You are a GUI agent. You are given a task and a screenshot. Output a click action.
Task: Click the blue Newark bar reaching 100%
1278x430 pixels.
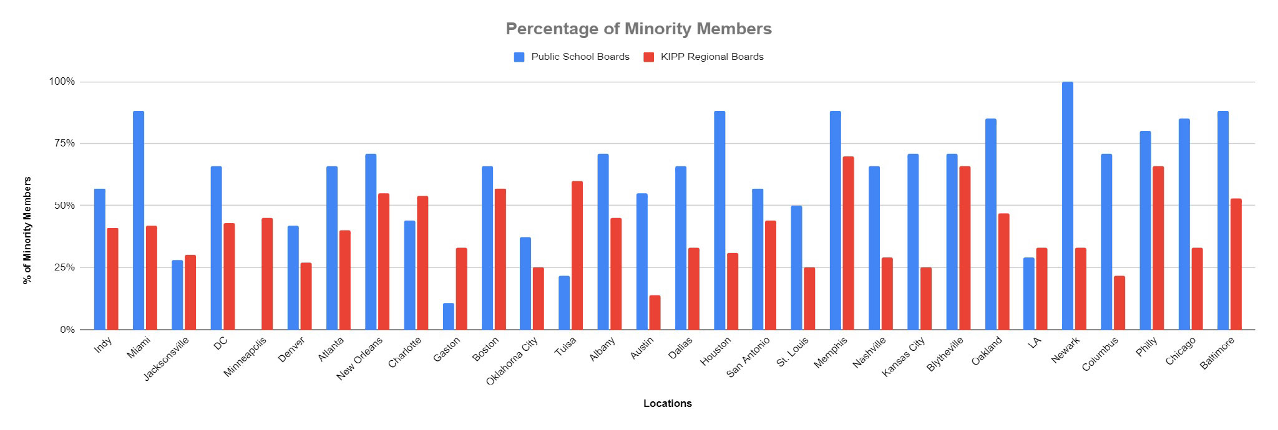point(1067,206)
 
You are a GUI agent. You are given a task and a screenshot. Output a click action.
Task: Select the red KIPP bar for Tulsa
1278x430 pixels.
point(577,256)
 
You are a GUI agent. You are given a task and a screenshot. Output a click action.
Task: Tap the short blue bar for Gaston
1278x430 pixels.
point(448,317)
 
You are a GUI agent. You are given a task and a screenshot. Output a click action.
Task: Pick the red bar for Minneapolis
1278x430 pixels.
point(267,274)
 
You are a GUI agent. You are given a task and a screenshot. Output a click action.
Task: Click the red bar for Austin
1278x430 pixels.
point(655,313)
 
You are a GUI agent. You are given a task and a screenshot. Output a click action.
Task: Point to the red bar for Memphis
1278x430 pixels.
point(848,243)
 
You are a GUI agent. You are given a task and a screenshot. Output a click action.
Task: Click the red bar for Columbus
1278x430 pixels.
point(1119,303)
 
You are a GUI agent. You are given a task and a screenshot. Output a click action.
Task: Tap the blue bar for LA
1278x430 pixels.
point(1029,294)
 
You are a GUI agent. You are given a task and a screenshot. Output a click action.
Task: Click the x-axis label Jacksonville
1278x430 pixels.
point(166,359)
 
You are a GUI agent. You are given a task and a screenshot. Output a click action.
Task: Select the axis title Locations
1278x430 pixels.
point(667,403)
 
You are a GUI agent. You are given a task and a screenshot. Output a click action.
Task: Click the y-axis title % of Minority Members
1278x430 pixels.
point(27,231)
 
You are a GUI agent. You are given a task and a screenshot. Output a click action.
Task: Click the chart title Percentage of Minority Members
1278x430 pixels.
point(638,29)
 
